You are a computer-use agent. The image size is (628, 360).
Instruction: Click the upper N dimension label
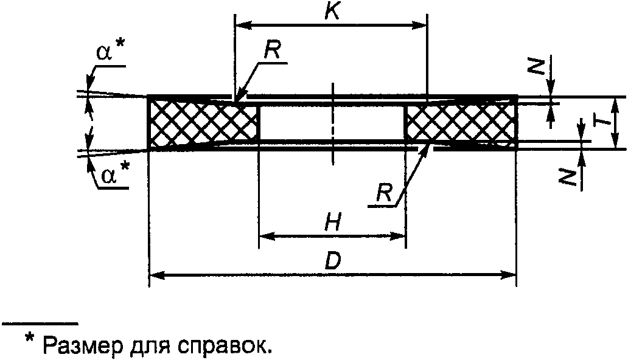pos(535,66)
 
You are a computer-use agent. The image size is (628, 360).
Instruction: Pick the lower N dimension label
pos(568,177)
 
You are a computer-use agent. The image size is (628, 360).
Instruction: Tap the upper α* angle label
pos(109,53)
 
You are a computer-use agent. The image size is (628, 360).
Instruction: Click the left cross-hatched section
pos(204,123)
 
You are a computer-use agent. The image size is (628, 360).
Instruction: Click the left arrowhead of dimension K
pos(241,25)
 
